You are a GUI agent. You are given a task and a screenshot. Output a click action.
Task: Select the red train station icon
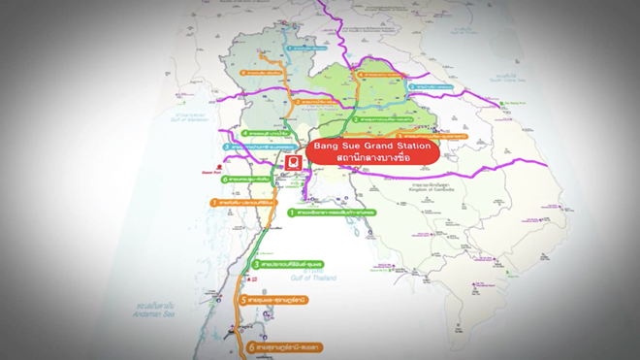click(291, 162)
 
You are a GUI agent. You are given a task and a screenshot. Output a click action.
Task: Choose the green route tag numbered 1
click(328, 211)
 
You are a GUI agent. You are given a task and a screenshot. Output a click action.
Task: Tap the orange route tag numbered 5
click(275, 301)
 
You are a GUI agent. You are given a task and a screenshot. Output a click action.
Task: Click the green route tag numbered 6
click(255, 180)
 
